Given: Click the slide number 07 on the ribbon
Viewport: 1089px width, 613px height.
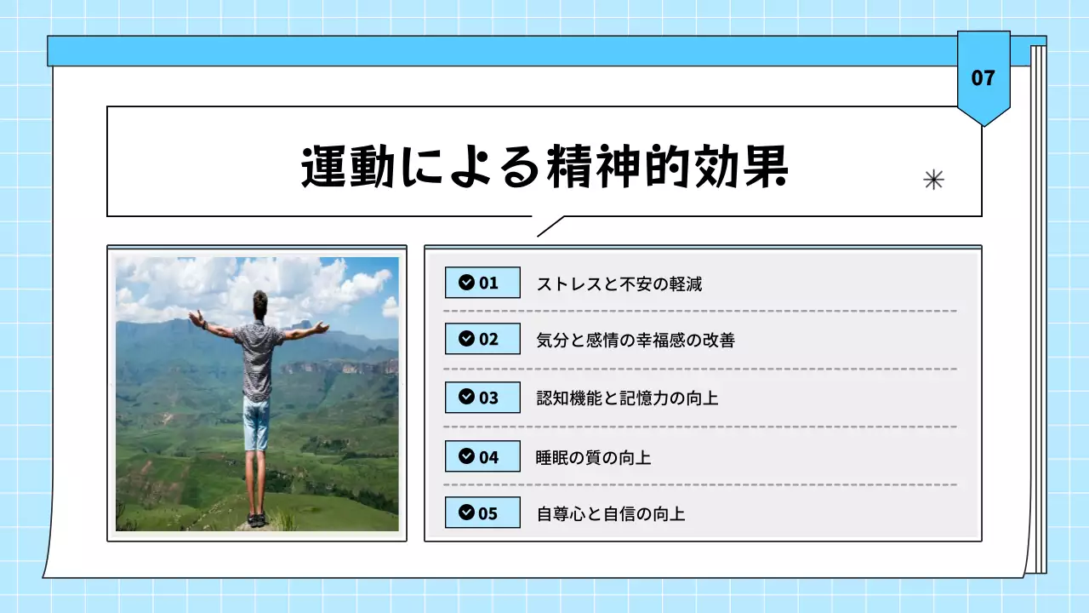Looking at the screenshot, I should click(x=983, y=78).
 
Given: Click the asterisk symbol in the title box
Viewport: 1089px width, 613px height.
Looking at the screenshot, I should click(x=933, y=180).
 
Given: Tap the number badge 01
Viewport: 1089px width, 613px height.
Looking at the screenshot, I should click(x=482, y=283).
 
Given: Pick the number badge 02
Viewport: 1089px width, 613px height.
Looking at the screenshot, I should click(x=482, y=339).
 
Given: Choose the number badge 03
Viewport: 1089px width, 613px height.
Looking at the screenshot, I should click(x=482, y=397).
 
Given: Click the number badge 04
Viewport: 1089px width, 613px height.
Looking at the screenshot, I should click(x=482, y=456).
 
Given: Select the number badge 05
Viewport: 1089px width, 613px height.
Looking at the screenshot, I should click(x=482, y=513).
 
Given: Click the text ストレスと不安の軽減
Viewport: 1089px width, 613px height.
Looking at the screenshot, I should click(x=619, y=284).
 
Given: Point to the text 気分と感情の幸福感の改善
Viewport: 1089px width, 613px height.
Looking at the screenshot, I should click(x=636, y=341).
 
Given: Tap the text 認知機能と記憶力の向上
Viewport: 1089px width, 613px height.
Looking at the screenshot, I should click(x=627, y=398).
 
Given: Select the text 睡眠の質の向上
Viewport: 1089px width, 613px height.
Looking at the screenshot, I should click(x=593, y=457).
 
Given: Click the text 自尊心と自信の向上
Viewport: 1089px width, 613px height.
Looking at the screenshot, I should click(x=610, y=513).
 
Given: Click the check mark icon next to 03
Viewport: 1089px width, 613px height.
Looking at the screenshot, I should click(x=466, y=397).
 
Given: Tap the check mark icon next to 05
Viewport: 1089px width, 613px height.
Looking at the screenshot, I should click(x=466, y=513).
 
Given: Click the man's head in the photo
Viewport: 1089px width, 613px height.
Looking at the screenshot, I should click(x=259, y=303).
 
